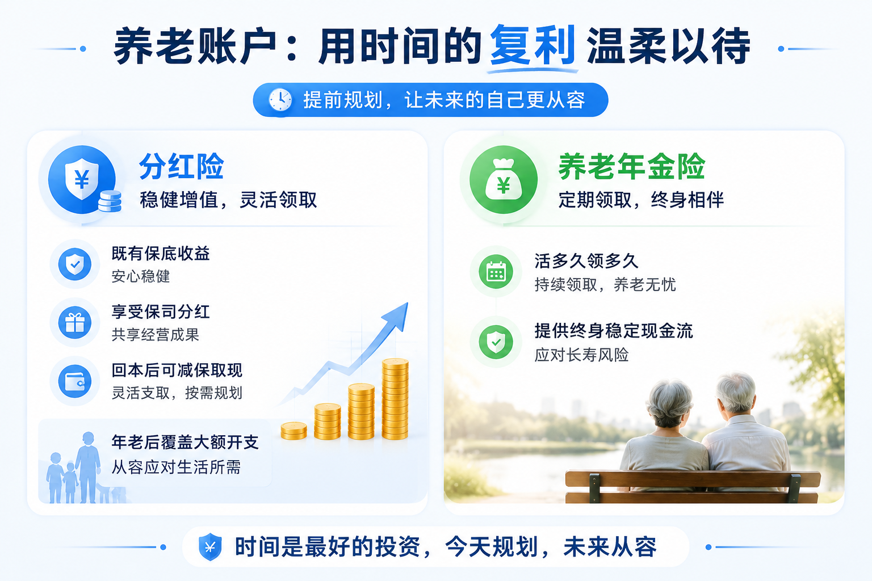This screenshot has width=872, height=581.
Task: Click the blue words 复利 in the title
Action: [533, 45]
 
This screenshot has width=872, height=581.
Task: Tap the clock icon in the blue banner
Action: [280, 100]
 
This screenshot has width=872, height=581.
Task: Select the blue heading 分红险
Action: [182, 166]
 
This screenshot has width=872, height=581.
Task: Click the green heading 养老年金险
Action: [631, 166]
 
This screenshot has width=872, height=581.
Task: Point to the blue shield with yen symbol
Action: [82, 179]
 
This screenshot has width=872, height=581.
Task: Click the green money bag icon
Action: [504, 179]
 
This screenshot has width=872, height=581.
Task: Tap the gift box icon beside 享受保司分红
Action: [75, 323]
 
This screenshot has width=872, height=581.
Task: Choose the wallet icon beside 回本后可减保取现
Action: [75, 381]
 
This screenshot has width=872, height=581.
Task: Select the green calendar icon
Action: [496, 271]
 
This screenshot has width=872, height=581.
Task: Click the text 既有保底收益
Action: [161, 254]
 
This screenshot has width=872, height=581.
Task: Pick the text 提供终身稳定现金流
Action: [614, 331]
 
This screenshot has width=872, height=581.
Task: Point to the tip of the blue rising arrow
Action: [407, 304]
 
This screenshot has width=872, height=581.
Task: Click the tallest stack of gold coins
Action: [395, 399]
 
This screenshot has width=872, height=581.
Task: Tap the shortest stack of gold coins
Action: [294, 431]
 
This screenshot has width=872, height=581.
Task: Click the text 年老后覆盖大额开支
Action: [185, 443]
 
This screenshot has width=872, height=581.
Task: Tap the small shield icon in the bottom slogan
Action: [210, 547]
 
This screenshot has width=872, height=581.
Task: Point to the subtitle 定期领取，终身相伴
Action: [641, 200]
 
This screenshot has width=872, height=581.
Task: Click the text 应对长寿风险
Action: [581, 355]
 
